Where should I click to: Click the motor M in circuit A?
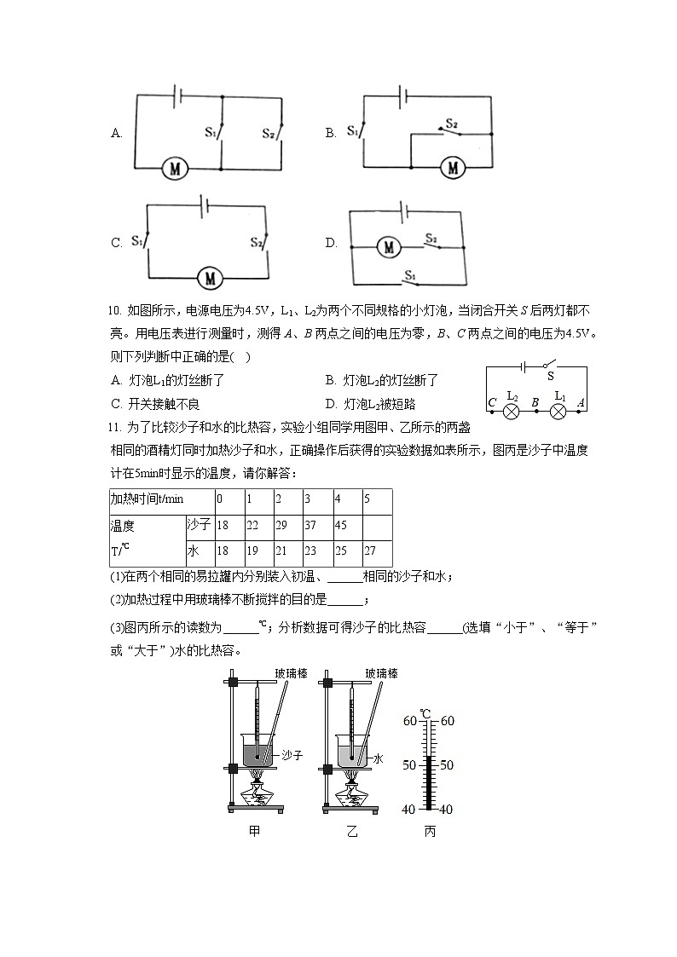[176, 169]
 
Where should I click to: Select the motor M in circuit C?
[209, 277]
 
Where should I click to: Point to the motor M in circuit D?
[389, 247]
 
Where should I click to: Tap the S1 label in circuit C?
[136, 241]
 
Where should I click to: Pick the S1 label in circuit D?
[410, 275]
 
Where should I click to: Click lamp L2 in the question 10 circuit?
[512, 411]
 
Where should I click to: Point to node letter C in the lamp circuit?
[492, 402]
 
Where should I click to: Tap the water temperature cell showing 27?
[368, 551]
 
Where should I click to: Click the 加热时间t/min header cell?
[147, 499]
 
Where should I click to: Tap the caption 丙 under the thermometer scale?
[430, 832]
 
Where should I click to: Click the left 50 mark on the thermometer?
[408, 764]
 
